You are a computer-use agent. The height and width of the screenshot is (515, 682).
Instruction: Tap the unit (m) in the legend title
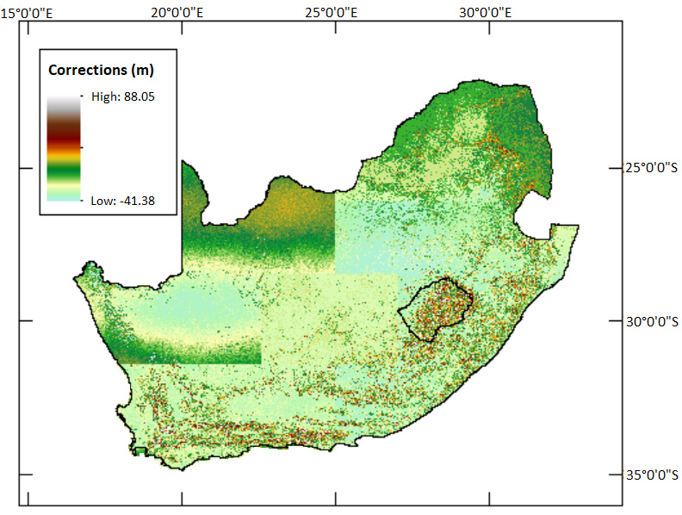[x=142, y=70]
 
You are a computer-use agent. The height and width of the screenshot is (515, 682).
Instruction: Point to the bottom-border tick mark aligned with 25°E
[x=336, y=499]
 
